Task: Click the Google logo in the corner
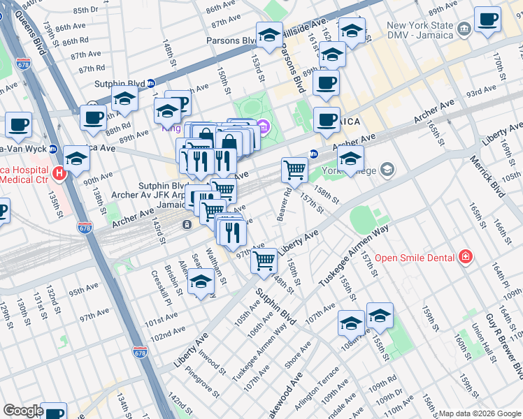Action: (x=23, y=411)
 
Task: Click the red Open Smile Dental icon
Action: (x=464, y=258)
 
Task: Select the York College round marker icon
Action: (x=387, y=170)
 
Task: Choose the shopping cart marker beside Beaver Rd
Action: (x=294, y=170)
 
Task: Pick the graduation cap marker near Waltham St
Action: (x=201, y=281)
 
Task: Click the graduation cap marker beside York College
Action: (x=350, y=158)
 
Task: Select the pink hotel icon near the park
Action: (x=263, y=126)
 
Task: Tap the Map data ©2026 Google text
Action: (x=480, y=413)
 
